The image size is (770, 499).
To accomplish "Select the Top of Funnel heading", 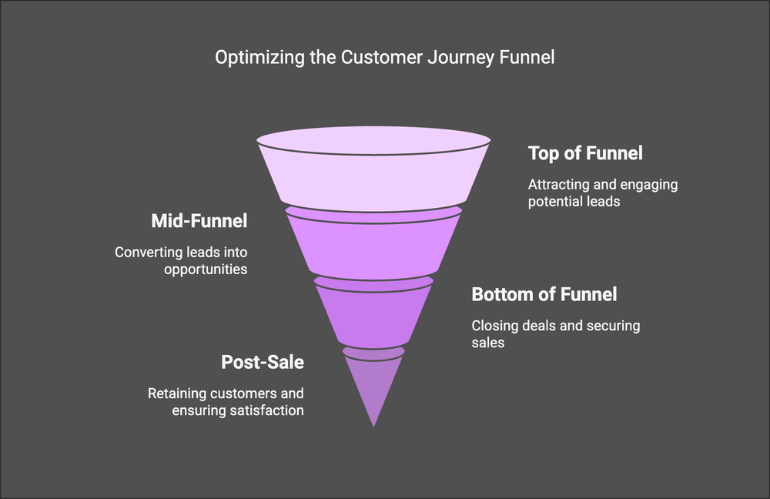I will (x=585, y=153).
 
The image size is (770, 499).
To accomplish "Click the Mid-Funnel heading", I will (x=199, y=222).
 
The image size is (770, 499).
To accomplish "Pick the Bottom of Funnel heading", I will (x=544, y=294).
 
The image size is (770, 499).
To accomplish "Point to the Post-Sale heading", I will (x=263, y=362).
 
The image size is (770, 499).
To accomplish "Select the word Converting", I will (x=146, y=252).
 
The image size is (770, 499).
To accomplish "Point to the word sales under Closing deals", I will (x=488, y=342).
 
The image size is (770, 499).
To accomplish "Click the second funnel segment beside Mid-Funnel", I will (x=373, y=243).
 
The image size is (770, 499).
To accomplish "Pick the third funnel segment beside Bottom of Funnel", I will (x=373, y=312).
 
